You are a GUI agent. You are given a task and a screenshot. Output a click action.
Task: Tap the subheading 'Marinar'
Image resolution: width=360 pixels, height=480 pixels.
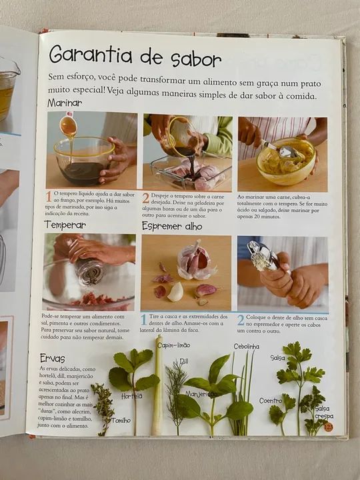[x=65, y=103]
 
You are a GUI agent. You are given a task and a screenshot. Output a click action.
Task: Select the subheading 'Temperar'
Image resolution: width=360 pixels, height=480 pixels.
[x=65, y=225]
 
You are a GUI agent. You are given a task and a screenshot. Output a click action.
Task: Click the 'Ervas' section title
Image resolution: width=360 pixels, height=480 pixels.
[x=52, y=358]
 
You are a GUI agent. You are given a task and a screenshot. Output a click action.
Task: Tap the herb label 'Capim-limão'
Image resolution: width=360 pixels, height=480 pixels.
[x=173, y=345]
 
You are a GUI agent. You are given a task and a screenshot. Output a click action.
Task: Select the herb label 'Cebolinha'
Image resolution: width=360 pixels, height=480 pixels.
[x=246, y=347]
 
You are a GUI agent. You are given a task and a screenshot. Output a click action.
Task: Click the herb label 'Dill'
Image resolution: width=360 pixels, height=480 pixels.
[x=183, y=361]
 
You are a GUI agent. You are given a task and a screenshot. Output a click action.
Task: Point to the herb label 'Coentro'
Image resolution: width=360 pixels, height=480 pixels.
[x=271, y=401]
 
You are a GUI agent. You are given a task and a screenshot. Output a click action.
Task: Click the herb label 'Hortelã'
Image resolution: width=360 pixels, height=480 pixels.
[x=131, y=395]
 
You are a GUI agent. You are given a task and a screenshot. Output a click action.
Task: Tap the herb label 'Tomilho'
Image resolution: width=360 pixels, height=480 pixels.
[x=121, y=420]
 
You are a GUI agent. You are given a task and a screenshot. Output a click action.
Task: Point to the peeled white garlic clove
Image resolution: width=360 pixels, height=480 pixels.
[x=175, y=291]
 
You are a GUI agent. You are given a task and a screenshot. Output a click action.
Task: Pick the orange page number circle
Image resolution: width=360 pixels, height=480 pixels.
[x=328, y=427]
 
